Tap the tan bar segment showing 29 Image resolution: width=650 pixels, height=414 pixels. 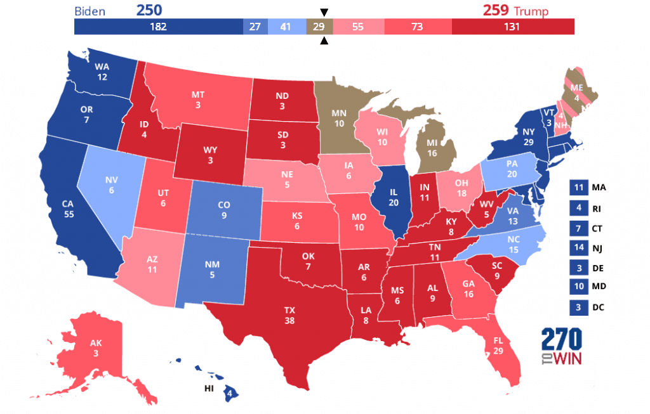point(319,27)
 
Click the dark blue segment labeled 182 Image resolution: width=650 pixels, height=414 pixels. point(159,27)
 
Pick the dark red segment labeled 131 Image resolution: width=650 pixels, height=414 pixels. point(513,27)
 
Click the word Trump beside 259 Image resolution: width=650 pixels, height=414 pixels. point(531,11)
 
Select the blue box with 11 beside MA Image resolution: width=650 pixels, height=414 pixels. point(579,188)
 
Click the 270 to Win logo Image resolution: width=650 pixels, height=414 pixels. point(562,347)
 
